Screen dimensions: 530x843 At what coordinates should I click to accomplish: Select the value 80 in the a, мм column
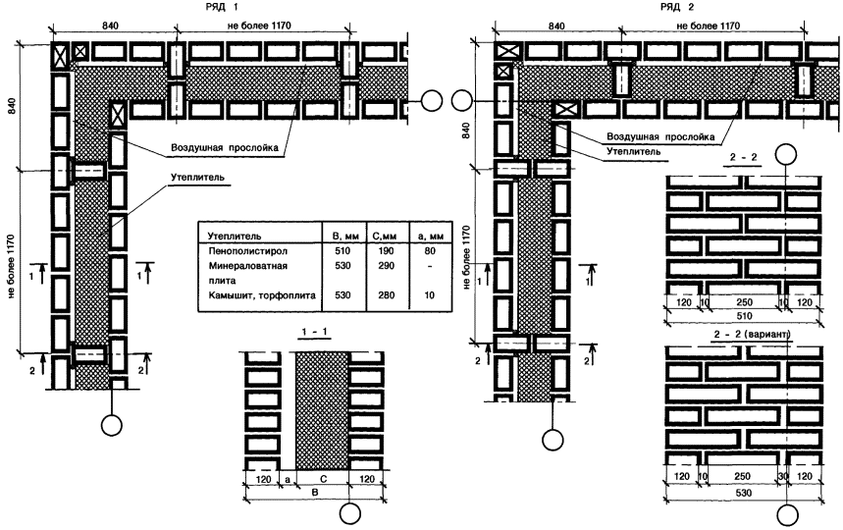(x=430, y=251)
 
